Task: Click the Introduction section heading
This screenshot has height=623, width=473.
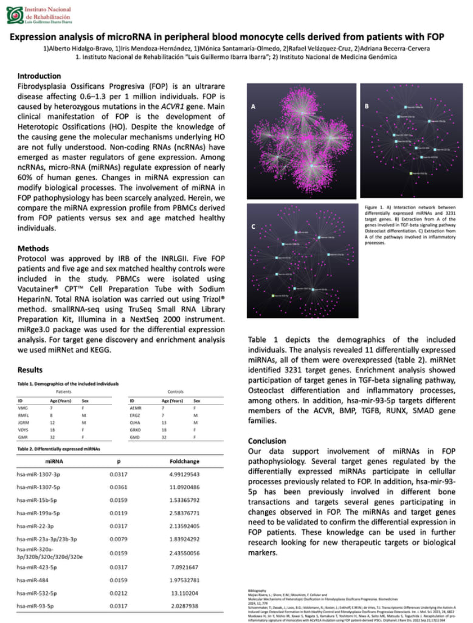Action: pyautogui.click(x=39, y=76)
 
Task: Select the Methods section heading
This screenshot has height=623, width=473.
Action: pyautogui.click(x=33, y=248)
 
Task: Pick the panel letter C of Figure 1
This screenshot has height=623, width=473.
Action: pyautogui.click(x=252, y=226)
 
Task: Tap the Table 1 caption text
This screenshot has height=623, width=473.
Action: pyautogui.click(x=67, y=383)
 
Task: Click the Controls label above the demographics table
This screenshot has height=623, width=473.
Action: pyautogui.click(x=174, y=392)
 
